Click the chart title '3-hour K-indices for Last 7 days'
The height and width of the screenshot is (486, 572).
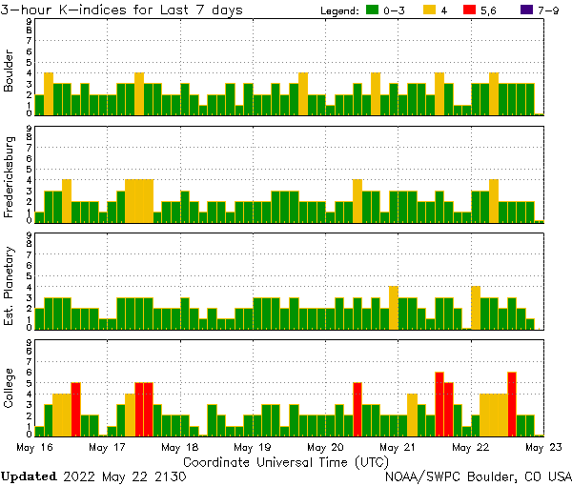(121, 10)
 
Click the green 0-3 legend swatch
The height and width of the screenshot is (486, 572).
(372, 10)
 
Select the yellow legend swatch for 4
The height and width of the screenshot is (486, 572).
(430, 10)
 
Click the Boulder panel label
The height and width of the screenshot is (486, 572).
(9, 71)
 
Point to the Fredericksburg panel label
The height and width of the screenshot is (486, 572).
(9, 178)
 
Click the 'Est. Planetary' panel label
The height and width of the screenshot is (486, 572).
(9, 286)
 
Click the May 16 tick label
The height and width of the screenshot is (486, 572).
(34, 446)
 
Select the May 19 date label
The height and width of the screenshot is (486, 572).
(253, 446)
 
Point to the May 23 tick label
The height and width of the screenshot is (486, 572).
(542, 446)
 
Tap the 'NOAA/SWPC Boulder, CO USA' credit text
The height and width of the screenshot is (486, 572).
(479, 476)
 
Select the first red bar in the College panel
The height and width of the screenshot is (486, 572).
(75, 409)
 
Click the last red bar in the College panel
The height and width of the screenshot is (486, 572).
(512, 403)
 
